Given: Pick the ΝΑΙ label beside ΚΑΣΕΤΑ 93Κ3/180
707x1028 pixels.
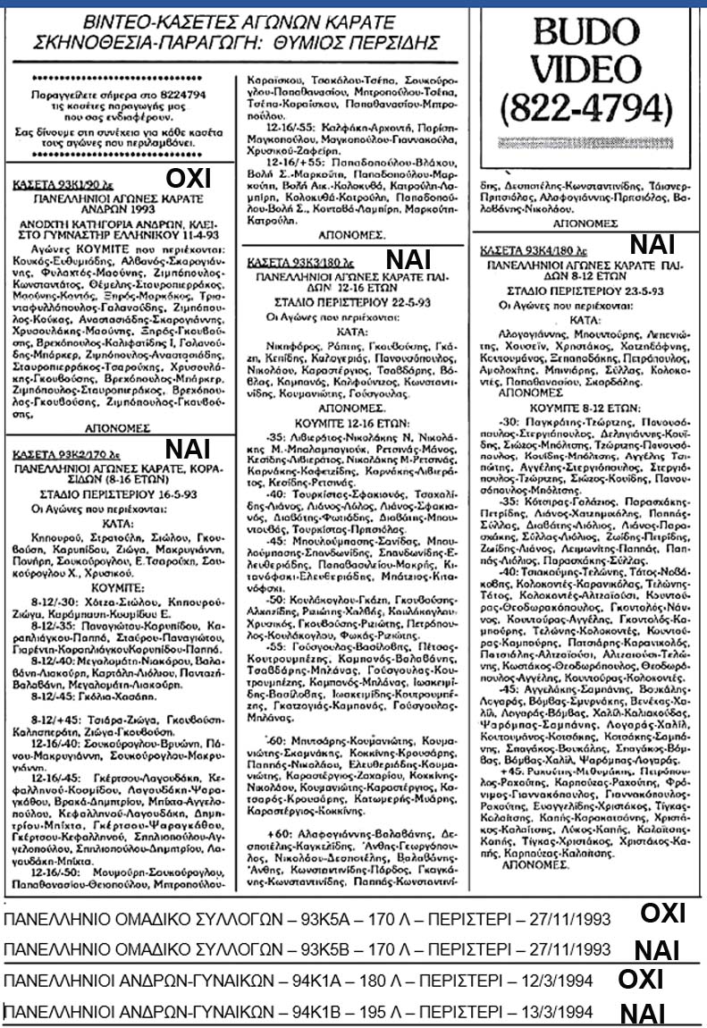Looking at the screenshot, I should click(408, 259).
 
